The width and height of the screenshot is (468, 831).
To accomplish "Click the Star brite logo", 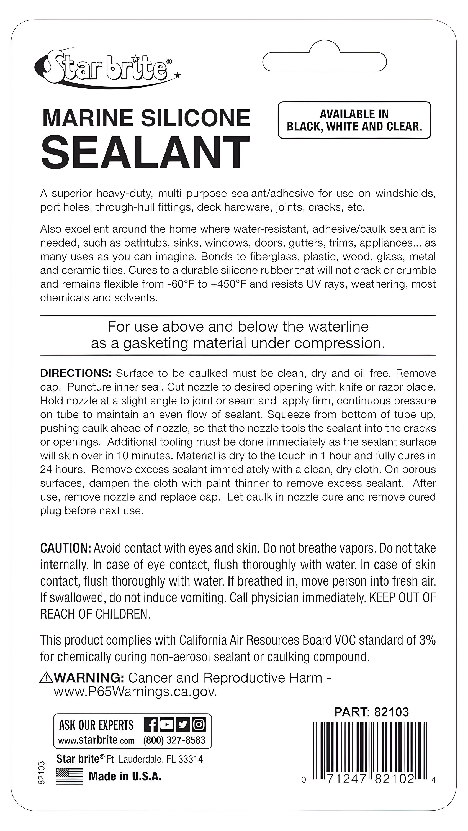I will tap(106, 68).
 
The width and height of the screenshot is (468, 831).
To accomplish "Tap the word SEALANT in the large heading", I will tap(145, 153).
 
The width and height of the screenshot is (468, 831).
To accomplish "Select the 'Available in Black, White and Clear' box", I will tap(354, 120).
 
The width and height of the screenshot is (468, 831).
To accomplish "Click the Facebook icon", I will tap(151, 725).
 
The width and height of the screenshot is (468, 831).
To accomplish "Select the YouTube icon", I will tap(167, 725).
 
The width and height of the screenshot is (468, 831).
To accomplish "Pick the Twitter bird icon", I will tap(183, 725).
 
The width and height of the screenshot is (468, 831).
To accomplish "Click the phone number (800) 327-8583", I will tap(174, 740).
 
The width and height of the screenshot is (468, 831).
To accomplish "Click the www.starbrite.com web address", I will tap(96, 740).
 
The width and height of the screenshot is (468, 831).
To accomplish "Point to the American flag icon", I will tap(69, 776).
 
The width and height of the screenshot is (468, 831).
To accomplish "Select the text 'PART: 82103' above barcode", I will tap(372, 712).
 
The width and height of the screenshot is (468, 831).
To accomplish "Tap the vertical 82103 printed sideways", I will tap(41, 773).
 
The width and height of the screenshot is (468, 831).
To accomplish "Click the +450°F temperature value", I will tap(230, 284).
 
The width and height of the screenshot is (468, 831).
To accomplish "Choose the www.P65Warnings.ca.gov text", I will tap(135, 692).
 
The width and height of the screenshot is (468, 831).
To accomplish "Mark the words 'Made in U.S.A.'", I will tap(125, 776).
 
